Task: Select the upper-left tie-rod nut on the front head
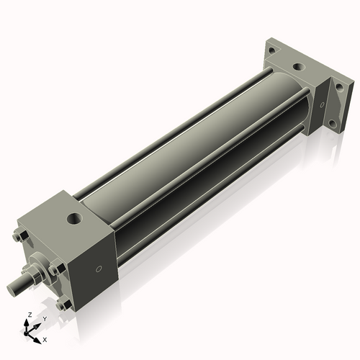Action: [x=18, y=236]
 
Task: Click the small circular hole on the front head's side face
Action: [x=99, y=270]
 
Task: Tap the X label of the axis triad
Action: [x=45, y=338]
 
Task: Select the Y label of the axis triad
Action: [x=44, y=318]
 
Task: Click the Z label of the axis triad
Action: [x=28, y=315]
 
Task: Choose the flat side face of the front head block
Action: [x=97, y=259]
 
